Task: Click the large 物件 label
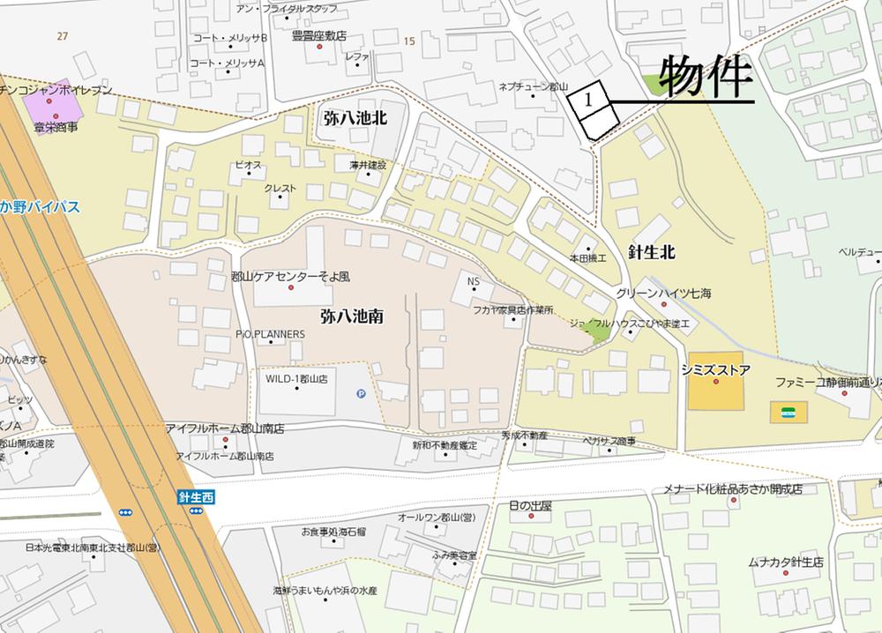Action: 706,78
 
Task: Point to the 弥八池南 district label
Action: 351,314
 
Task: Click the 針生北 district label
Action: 652,251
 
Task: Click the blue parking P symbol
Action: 361,394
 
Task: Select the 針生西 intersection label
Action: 196,498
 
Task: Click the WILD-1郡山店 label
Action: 296,378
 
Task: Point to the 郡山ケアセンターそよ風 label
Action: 290,276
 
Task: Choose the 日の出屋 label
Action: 530,506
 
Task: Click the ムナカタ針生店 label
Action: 785,561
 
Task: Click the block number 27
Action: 61,35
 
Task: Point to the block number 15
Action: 408,41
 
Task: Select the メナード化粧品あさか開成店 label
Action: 745,488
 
